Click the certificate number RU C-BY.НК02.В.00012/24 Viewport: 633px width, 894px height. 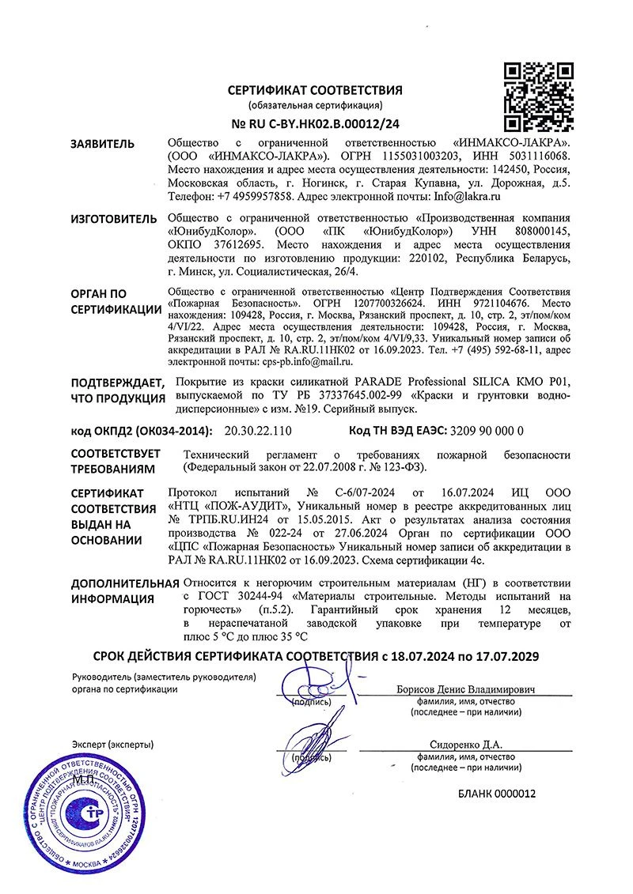[316, 123]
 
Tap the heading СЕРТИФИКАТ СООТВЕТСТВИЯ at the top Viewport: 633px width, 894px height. [316, 90]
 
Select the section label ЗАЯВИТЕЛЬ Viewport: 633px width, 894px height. [102, 144]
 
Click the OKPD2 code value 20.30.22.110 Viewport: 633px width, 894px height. [259, 432]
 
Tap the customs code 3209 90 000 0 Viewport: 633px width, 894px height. [486, 432]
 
